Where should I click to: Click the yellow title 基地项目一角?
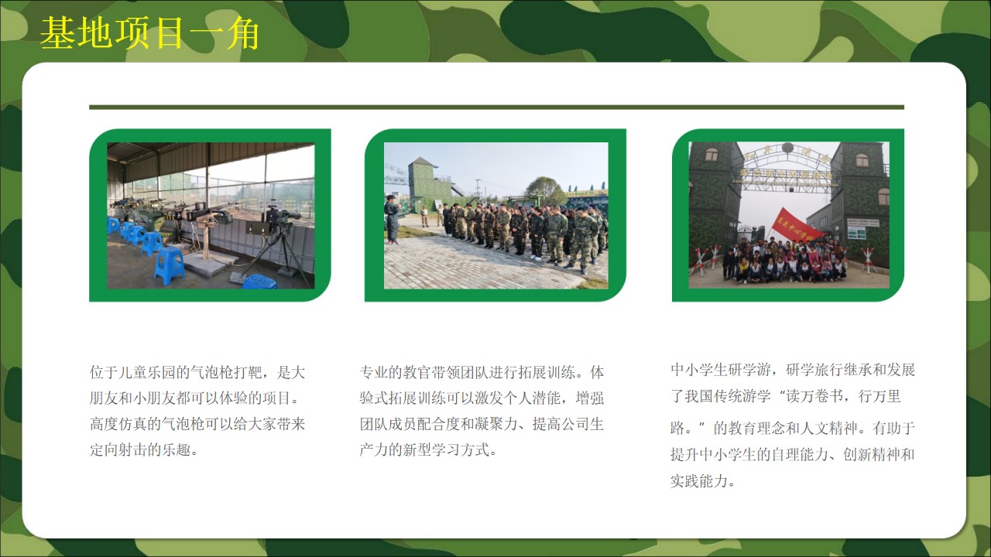coord(149,33)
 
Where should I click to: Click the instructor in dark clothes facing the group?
coord(392,219)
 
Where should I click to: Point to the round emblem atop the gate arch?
coord(787,148)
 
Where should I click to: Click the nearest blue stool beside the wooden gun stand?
coord(169,265)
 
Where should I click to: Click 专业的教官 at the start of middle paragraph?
coord(395,372)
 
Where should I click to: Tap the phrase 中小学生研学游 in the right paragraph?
coord(721,370)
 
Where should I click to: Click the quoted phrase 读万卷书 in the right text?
coord(814,396)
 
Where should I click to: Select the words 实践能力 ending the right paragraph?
coord(699,481)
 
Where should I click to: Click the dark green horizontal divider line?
coord(496,108)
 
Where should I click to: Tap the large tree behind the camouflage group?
coord(545,190)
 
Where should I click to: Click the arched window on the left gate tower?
coord(711,155)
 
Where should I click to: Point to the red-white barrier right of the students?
coord(868,260)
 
